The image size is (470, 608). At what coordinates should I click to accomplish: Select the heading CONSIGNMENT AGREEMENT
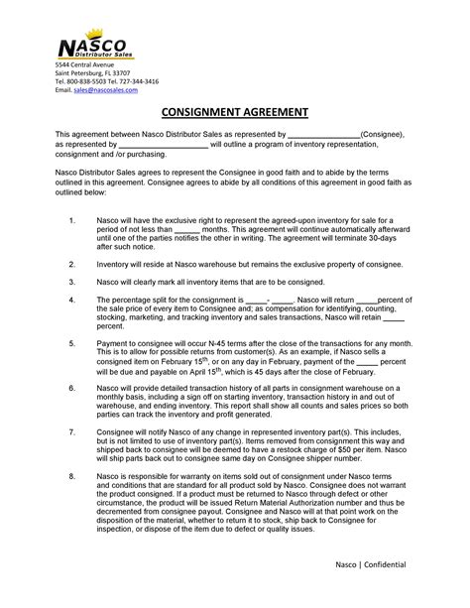[235, 112]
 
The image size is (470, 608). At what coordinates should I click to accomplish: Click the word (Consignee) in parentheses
[382, 133]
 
